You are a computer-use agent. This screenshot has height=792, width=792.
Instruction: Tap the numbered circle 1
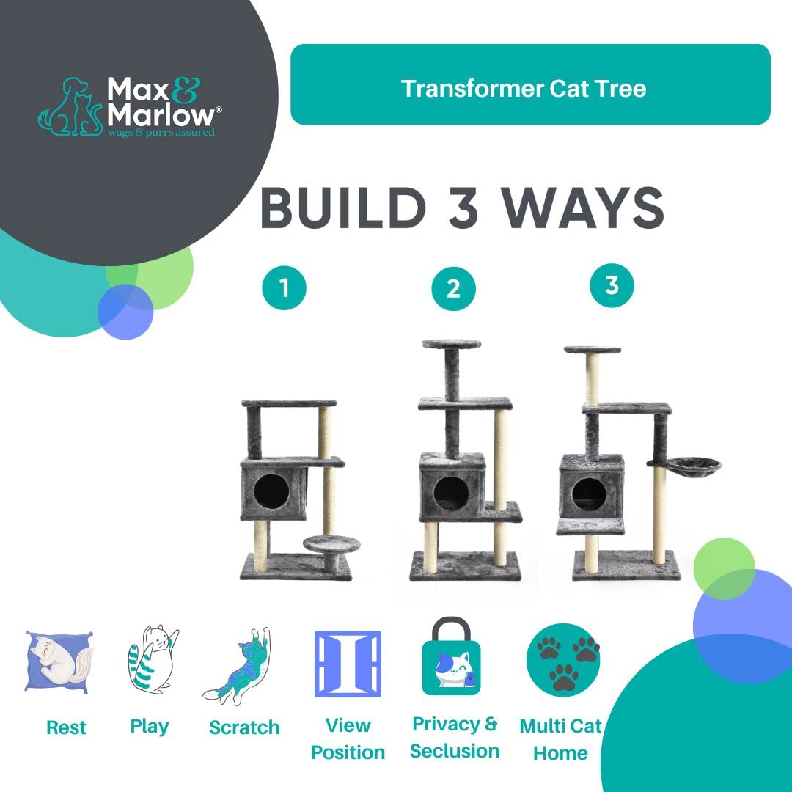point(284,288)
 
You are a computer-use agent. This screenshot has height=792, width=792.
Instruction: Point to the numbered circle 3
point(612,285)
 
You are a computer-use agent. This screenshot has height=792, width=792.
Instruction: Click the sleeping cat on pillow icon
point(59,659)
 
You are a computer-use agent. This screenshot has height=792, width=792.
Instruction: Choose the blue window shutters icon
point(348,663)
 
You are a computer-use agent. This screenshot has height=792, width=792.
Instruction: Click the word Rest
point(66,727)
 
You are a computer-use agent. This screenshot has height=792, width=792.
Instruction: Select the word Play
point(150,726)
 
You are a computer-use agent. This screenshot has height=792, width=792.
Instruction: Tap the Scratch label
point(244,727)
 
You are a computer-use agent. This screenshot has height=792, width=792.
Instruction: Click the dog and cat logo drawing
point(70,107)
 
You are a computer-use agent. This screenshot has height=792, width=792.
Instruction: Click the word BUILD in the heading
point(343,208)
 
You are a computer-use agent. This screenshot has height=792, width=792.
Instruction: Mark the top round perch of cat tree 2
point(451,344)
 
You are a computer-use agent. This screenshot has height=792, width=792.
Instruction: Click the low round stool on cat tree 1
point(331,544)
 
